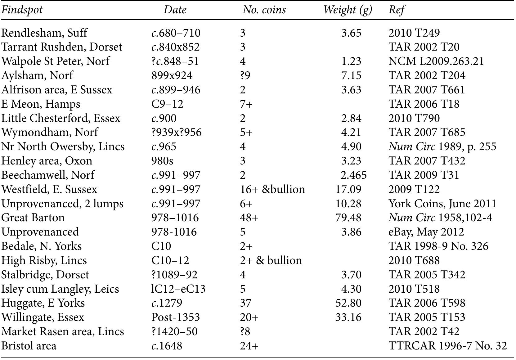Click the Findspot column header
pos(22,10)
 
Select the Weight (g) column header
pos(347,10)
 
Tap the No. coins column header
pos(264,10)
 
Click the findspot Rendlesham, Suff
pos(44,33)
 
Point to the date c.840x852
pos(175,47)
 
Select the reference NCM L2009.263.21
pos(436,61)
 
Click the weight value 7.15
pos(351,75)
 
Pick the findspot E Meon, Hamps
pos(41,104)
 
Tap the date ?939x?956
pos(176,132)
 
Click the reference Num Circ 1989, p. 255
pos(442,146)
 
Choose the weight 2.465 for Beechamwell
pos(353,175)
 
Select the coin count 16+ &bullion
pos(272,189)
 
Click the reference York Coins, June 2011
pos(442,204)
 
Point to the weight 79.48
pos(348,218)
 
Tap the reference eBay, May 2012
pos(426,232)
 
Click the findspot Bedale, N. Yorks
pos(41,246)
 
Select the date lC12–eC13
pos(178,289)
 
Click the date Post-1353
pos(175,317)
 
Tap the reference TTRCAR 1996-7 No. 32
pos(447,346)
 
